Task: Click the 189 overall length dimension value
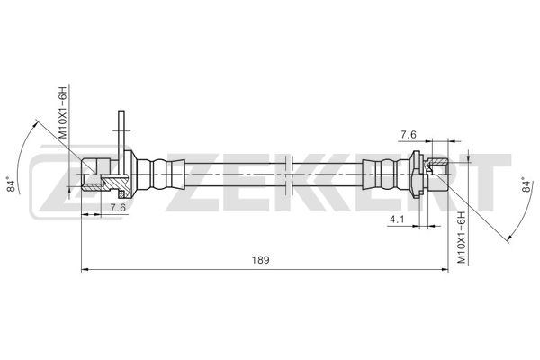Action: pos(259,259)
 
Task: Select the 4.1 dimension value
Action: pos(396,219)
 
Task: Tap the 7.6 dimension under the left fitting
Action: pos(117,208)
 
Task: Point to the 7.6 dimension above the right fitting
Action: pos(407,135)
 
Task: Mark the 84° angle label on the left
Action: pos(13,186)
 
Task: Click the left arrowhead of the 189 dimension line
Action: pos(85,267)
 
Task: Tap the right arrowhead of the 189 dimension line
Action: pos(445,267)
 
